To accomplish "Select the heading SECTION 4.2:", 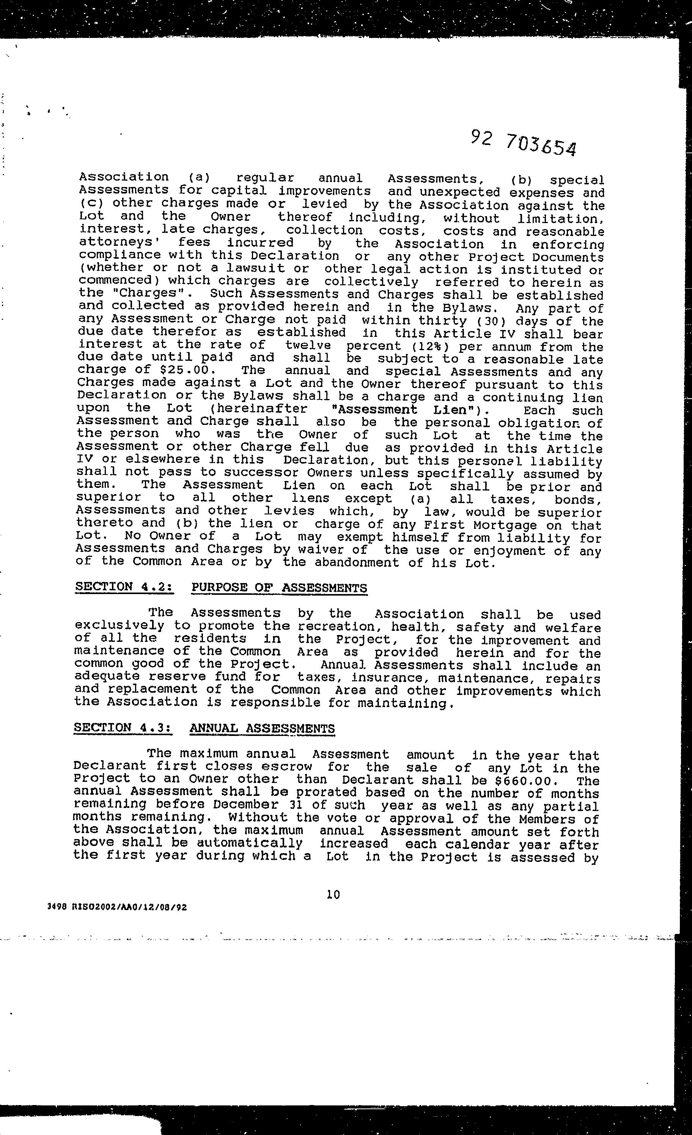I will coord(124,587).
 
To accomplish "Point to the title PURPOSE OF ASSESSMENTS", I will coord(279,588).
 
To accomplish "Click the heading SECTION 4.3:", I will coord(123,728).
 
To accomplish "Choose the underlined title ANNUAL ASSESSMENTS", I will coord(262,729).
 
